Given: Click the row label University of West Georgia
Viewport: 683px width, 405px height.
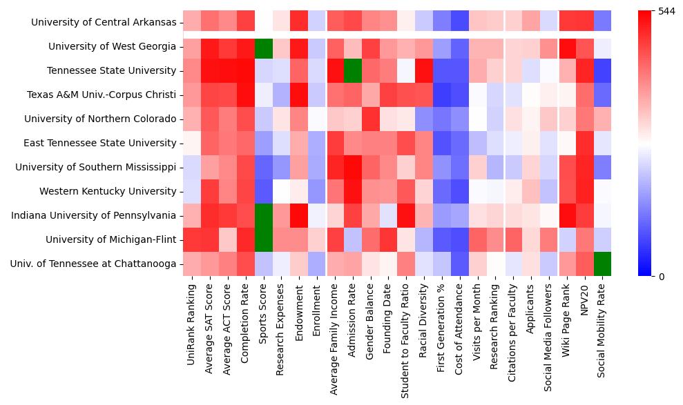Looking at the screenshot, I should (112, 47).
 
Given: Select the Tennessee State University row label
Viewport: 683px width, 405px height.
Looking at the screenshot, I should (111, 71).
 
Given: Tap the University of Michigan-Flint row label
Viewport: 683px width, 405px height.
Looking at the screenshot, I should (110, 240).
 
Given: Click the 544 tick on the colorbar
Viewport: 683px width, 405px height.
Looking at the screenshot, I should (666, 12).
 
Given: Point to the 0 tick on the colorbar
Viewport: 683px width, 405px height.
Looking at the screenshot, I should (662, 277).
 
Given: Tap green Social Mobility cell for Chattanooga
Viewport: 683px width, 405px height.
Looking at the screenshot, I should (602, 264).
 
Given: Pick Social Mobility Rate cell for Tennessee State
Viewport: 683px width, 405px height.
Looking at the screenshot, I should (602, 71).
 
